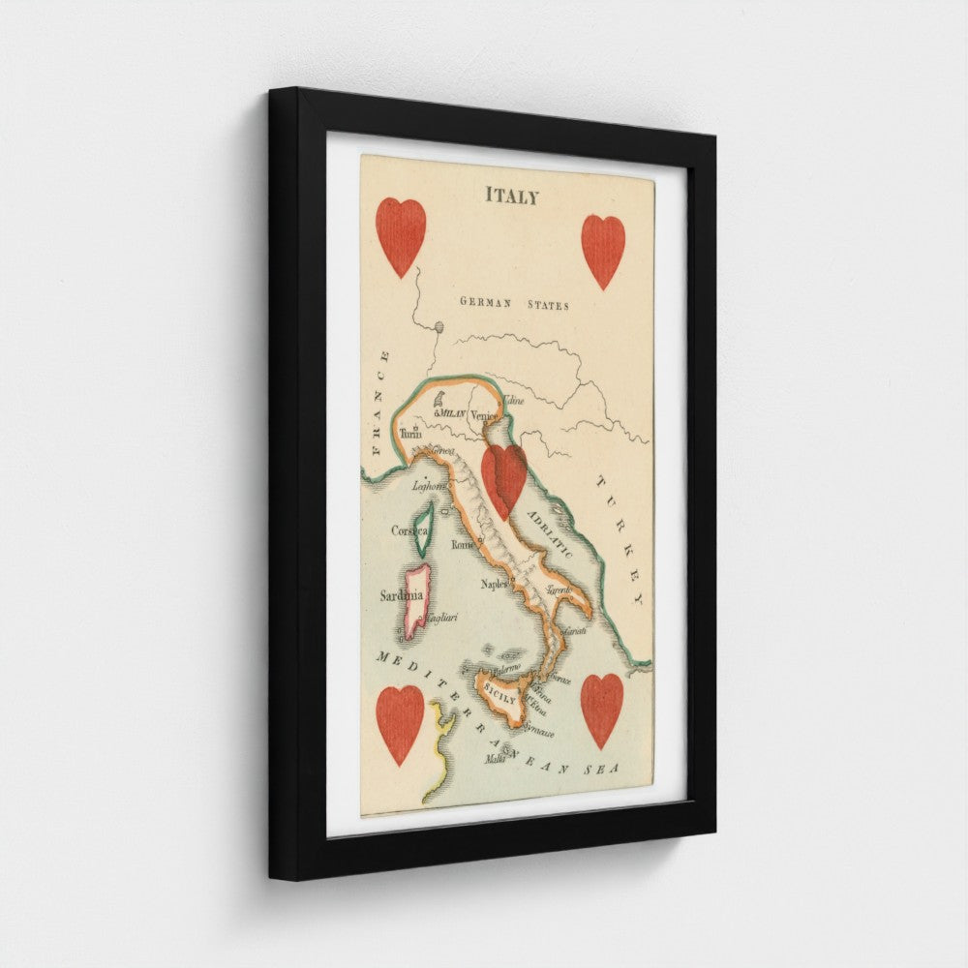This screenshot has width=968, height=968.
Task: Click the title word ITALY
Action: (x=512, y=196)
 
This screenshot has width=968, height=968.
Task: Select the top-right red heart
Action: (x=603, y=250)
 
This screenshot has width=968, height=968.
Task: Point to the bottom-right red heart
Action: (x=602, y=710)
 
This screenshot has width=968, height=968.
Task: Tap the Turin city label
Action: (x=411, y=435)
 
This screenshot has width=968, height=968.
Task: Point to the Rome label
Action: (x=464, y=546)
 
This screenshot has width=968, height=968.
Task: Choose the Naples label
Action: (x=495, y=584)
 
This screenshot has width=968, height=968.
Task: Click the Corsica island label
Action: (x=409, y=529)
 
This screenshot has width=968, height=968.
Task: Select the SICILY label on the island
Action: (x=500, y=693)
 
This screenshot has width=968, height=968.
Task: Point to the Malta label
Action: (x=495, y=761)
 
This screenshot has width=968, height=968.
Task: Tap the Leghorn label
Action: (x=428, y=486)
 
